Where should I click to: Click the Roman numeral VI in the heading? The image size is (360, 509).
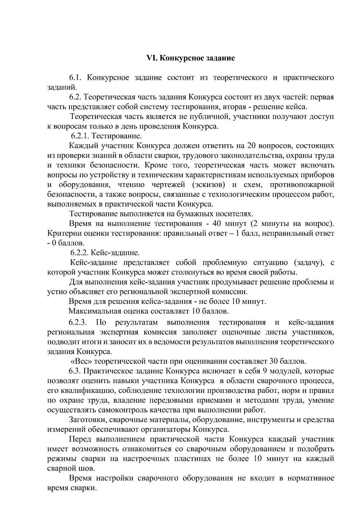(x=151, y=58)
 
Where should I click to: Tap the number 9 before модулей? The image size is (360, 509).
(x=265, y=371)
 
